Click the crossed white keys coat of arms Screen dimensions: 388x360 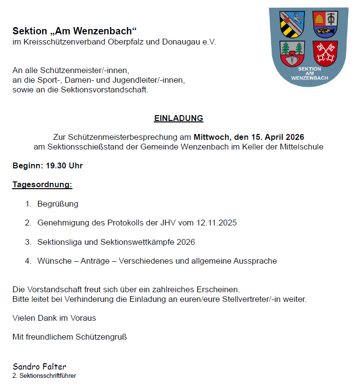point(325,53)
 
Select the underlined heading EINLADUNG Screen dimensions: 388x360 point(178,118)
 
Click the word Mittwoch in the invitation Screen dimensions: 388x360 point(212,136)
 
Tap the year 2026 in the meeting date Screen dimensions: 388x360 point(294,136)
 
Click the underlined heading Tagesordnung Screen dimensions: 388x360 point(43,185)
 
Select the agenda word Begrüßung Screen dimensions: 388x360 point(58,204)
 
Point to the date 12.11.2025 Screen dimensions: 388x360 point(216,223)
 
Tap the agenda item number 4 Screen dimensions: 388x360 point(28,261)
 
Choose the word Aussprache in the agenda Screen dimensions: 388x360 point(255,261)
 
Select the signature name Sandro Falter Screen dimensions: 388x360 point(40,366)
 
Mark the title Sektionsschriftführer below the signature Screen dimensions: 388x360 point(47,375)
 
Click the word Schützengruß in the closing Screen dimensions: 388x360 point(101,337)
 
